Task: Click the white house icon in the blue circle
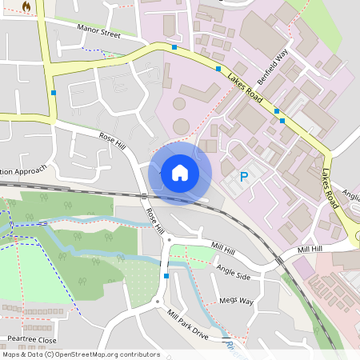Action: coord(180,172)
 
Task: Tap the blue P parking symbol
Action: coord(244,176)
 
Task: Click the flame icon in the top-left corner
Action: coord(26,7)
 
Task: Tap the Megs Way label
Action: coord(236,301)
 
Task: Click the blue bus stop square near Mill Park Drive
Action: coord(166,276)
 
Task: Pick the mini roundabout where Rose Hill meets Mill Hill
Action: coord(169,239)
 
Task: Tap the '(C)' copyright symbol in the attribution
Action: coord(49,354)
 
